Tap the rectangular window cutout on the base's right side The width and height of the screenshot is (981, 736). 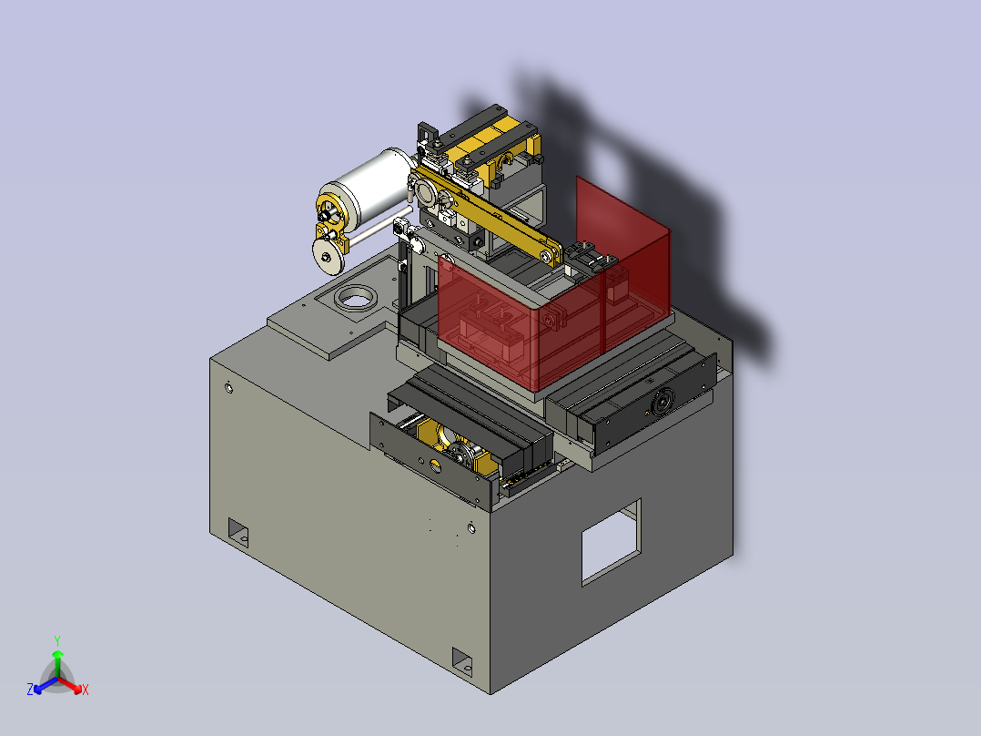click(611, 542)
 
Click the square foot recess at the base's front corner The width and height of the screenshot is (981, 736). click(464, 660)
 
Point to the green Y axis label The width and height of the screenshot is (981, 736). click(56, 640)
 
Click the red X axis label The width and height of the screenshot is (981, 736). click(85, 690)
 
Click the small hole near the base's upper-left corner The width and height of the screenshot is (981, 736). click(228, 389)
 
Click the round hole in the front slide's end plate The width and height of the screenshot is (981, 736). click(435, 468)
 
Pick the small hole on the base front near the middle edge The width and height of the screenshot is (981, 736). click(470, 527)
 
